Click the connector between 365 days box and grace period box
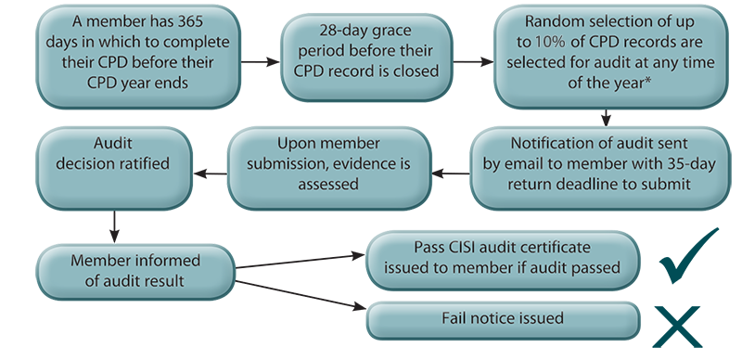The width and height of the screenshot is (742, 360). tap(261, 62)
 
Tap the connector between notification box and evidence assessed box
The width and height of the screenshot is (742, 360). tap(452, 170)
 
